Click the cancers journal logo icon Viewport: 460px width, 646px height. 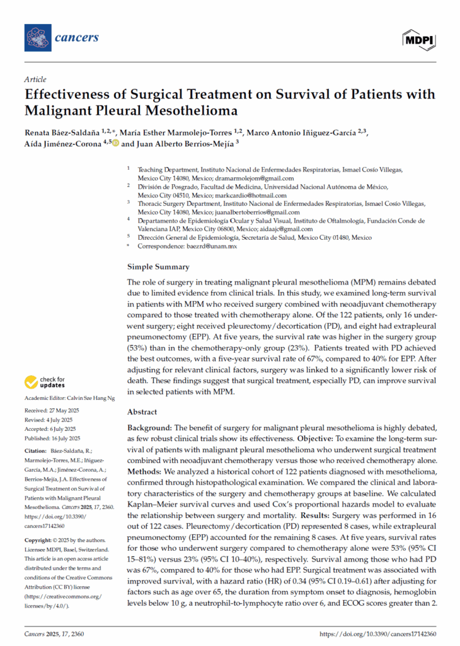pos(38,38)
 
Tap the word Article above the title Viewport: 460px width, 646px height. pos(35,79)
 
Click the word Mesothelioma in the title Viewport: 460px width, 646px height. pos(184,112)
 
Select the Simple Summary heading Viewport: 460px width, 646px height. pos(158,267)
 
